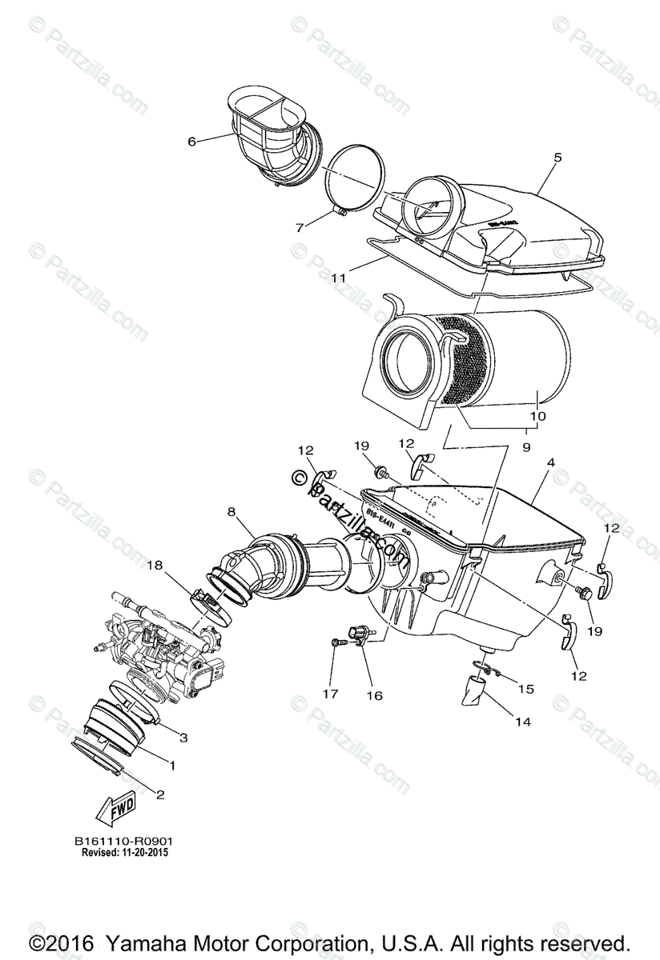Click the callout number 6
[192, 142]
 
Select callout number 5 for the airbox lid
[557, 158]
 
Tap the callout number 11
[338, 278]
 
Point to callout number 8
[231, 509]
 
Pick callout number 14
[523, 721]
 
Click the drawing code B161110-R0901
[124, 842]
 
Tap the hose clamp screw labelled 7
[339, 213]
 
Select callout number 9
[526, 448]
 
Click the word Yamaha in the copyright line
[152, 942]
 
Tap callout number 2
[160, 794]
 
